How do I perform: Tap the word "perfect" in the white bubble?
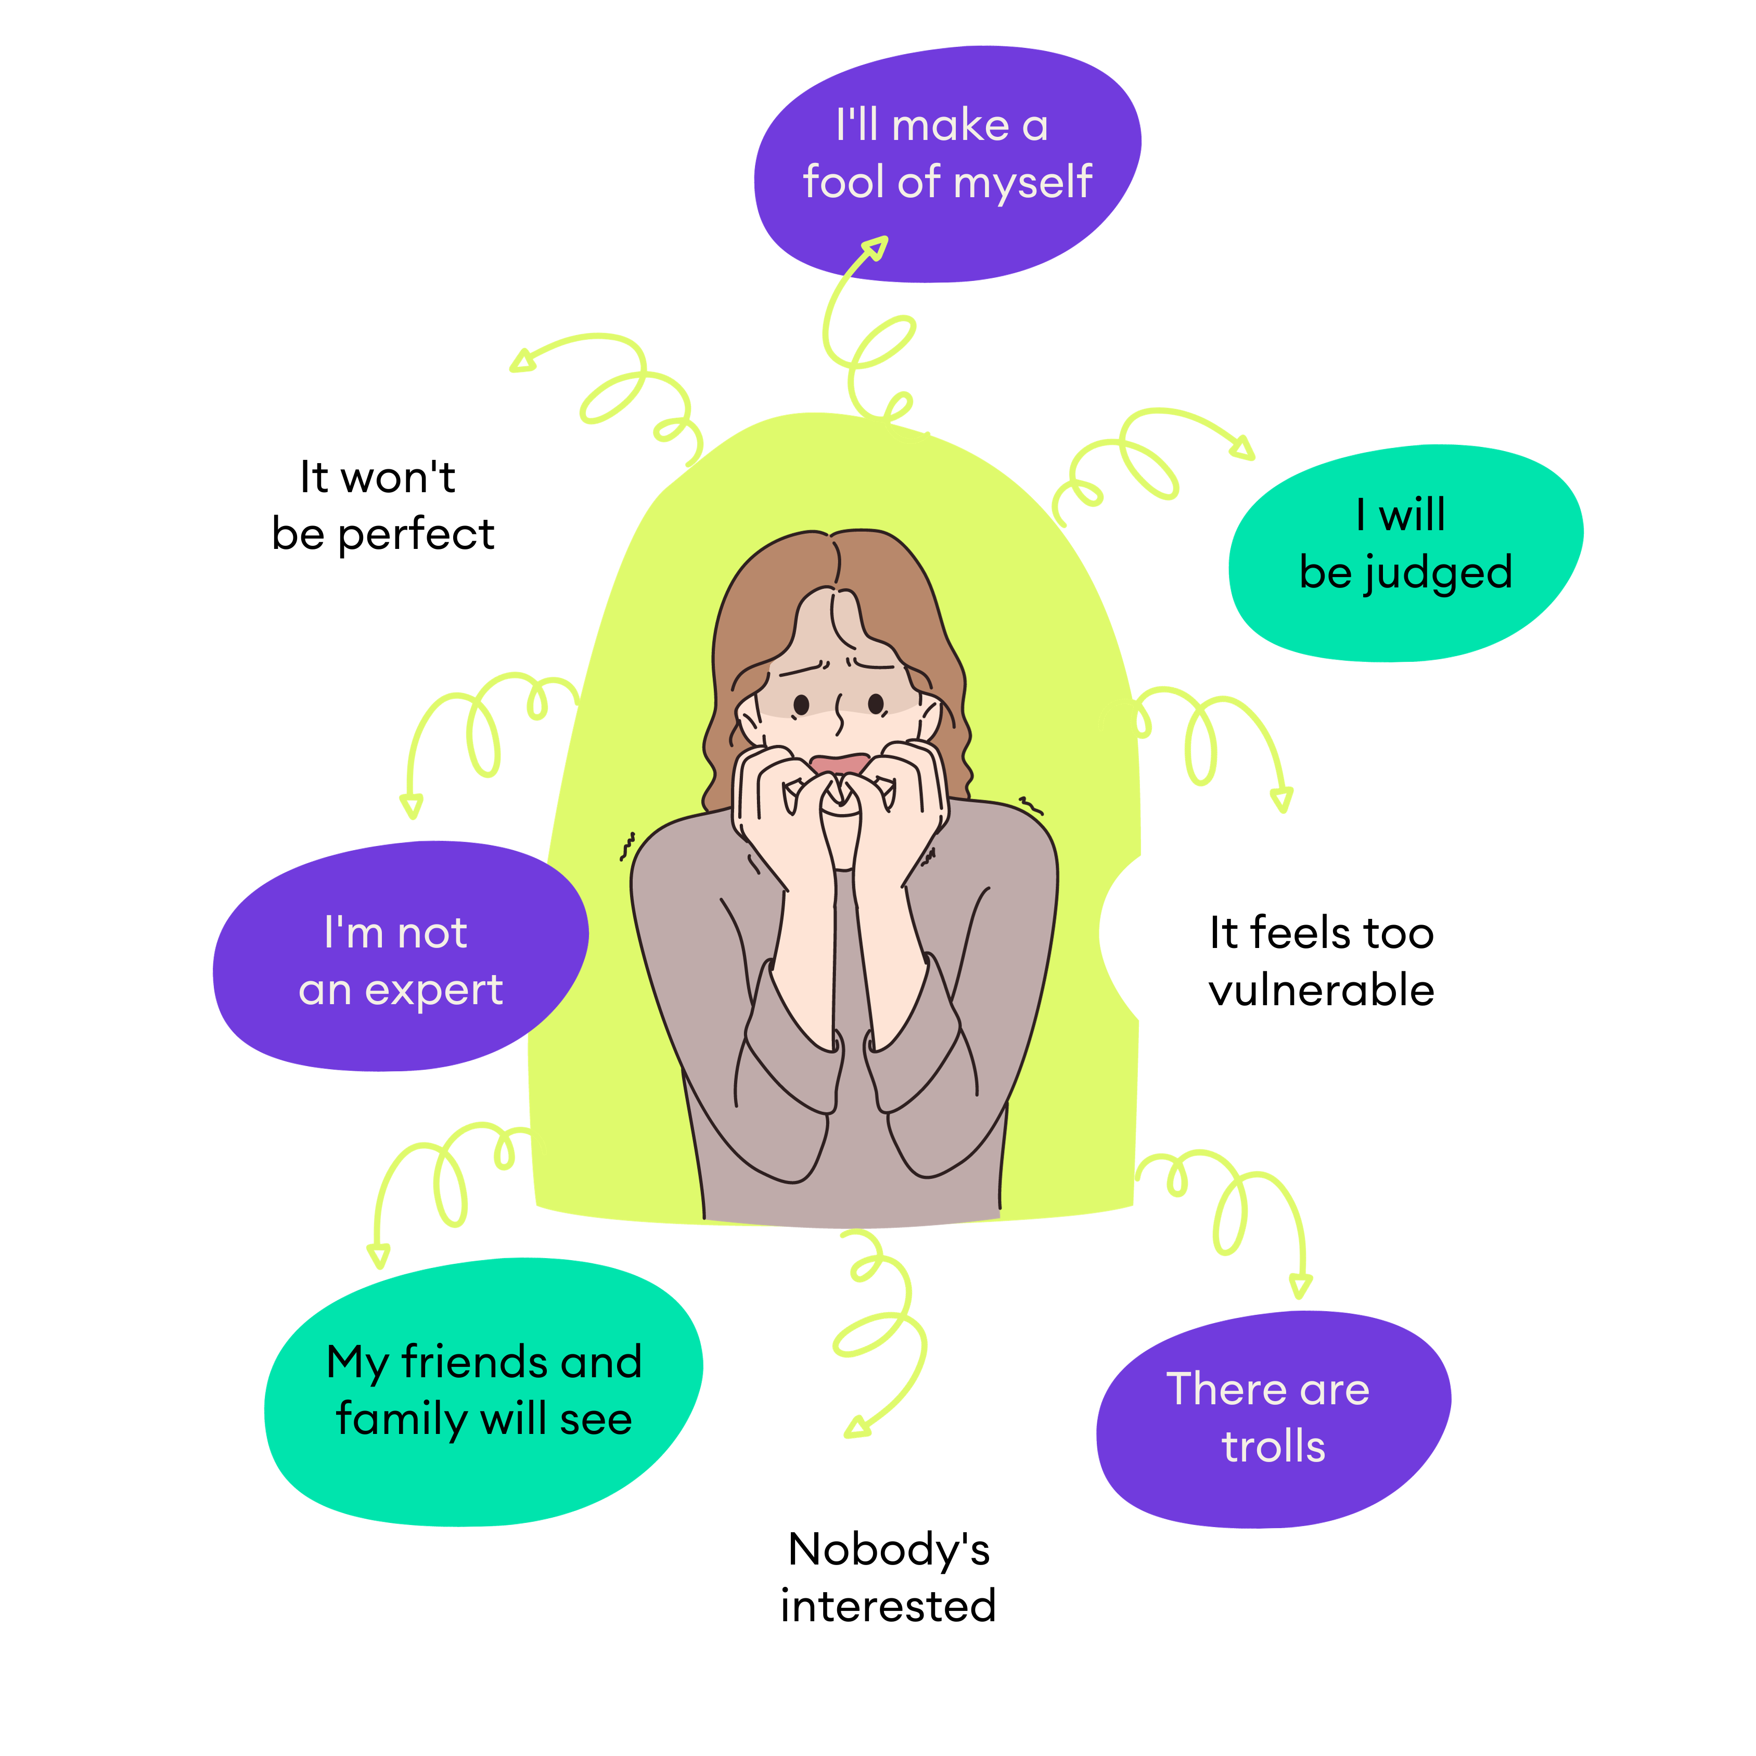[416, 534]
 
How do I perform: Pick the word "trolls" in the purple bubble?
[1273, 1447]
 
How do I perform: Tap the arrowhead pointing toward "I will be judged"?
[1244, 446]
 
